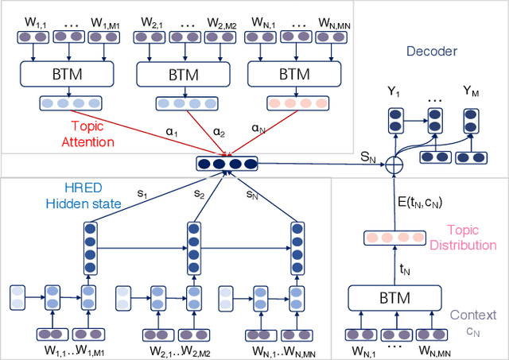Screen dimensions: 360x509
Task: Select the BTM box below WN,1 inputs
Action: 289,75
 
